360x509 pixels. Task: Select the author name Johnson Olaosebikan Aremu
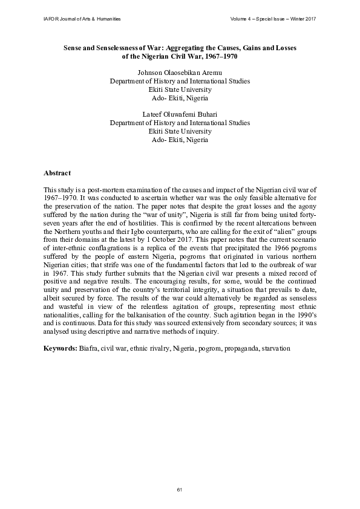[180, 73]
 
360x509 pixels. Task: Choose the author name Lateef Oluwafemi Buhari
[180, 114]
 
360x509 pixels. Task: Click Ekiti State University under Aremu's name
[180, 89]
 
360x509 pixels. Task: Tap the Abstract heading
[57, 173]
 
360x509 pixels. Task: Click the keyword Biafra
[88, 349]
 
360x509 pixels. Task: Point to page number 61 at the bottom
[180, 488]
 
